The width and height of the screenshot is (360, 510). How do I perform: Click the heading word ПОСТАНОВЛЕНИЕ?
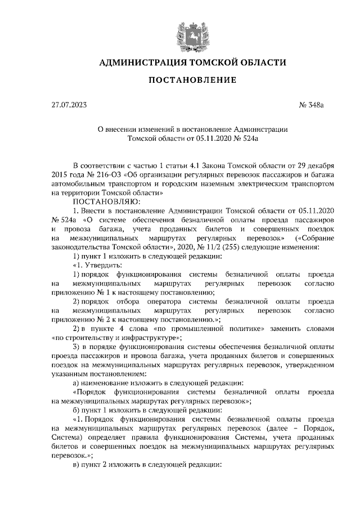(192, 80)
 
